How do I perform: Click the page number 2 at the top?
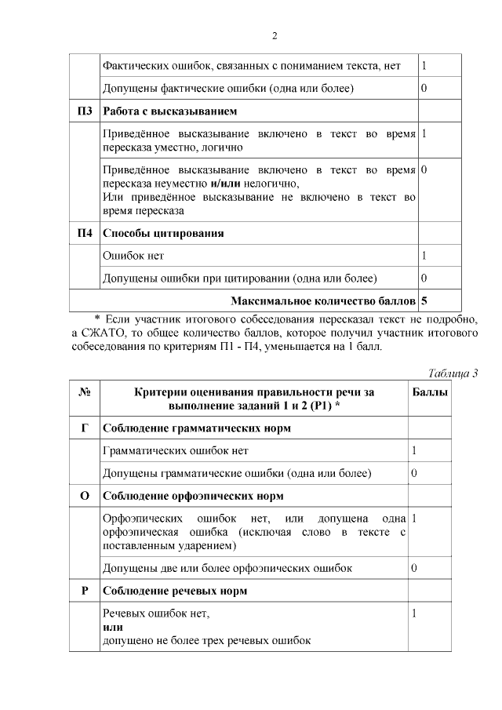275,36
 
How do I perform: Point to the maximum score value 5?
424,300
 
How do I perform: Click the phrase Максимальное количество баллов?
324,300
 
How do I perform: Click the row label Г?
85,428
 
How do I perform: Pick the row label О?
85,496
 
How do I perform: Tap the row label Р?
85,591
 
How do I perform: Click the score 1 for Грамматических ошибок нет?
414,451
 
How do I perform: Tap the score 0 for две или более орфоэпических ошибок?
414,567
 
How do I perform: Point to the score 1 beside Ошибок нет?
424,256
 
